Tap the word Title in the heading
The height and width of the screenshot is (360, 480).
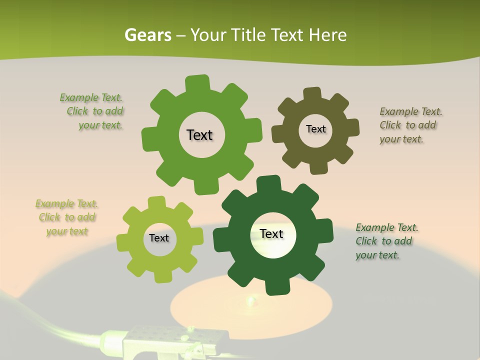pyautogui.click(x=247, y=35)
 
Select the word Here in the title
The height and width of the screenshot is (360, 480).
pyautogui.click(x=327, y=35)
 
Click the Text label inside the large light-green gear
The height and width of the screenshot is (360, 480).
pyautogui.click(x=199, y=135)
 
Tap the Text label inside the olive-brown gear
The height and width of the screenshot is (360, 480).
pyautogui.click(x=315, y=129)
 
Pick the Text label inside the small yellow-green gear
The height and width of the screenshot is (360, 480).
pyautogui.click(x=158, y=238)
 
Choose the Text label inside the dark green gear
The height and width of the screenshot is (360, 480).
pyautogui.click(x=271, y=233)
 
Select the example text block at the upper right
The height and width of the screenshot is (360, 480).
pyautogui.click(x=410, y=125)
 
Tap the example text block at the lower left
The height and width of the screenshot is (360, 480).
pyautogui.click(x=67, y=217)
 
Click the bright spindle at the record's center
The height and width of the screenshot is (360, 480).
pyautogui.click(x=250, y=300)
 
